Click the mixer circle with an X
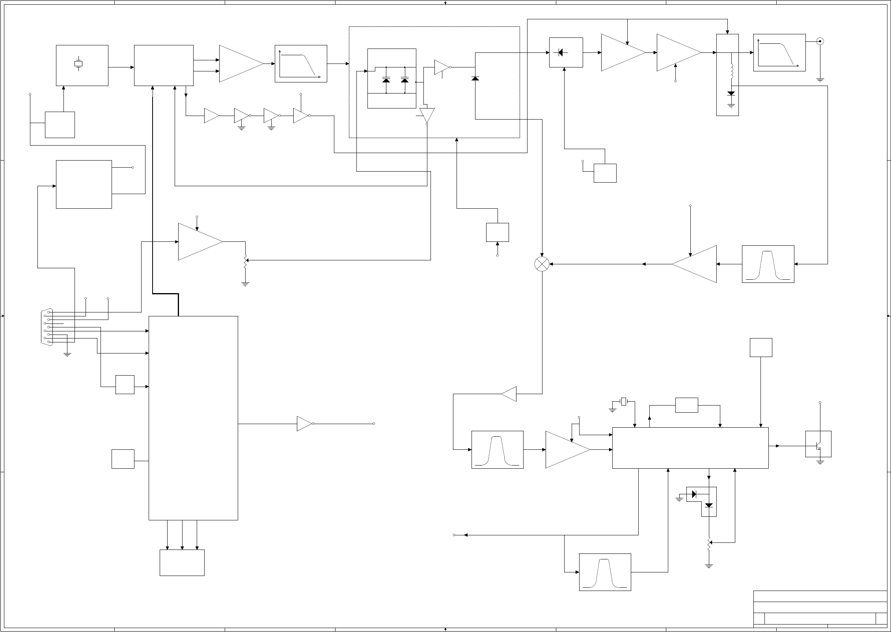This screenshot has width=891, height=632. tap(542, 264)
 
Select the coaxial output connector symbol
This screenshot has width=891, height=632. tap(820, 41)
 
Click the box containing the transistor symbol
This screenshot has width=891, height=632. tap(818, 444)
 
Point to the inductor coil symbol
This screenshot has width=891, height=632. tap(731, 71)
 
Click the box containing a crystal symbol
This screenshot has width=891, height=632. tap(82, 65)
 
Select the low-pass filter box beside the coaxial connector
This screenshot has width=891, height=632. tap(779, 52)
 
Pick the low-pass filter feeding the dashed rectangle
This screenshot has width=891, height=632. tap(300, 64)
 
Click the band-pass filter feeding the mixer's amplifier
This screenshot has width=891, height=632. tap(768, 264)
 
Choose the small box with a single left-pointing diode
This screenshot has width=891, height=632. tap(566, 52)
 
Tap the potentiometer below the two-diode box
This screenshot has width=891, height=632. tap(709, 543)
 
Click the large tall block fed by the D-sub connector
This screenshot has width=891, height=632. tap(193, 418)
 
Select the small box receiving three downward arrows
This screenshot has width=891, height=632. tap(182, 563)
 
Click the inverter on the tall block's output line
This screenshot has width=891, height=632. tap(305, 424)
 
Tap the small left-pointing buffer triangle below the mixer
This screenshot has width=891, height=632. tap(509, 394)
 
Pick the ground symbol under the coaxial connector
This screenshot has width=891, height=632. tap(820, 80)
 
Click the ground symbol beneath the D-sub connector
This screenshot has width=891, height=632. tap(67, 355)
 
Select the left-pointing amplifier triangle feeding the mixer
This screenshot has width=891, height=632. tap(695, 264)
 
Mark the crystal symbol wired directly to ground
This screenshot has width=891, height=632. tap(623, 402)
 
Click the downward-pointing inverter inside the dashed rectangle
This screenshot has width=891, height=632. tap(427, 116)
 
